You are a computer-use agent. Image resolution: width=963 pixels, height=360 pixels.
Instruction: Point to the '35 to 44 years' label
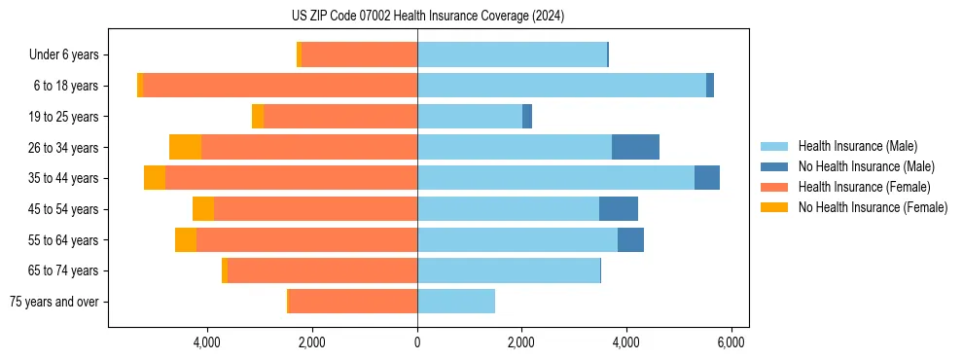(x=64, y=178)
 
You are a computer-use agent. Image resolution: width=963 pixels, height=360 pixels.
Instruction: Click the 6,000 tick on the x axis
(x=731, y=342)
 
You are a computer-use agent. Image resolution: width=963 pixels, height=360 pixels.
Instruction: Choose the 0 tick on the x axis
(x=417, y=342)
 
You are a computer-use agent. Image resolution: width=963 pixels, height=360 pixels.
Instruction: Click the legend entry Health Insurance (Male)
(x=857, y=146)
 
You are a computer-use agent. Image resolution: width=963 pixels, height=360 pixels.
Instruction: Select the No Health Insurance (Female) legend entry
(x=873, y=207)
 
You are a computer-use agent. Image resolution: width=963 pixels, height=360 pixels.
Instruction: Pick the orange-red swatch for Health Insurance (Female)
(x=774, y=187)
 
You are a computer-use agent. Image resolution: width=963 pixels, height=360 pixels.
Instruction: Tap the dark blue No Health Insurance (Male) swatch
(x=774, y=166)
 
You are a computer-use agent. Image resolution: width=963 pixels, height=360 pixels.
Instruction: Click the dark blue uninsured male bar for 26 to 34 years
(x=635, y=147)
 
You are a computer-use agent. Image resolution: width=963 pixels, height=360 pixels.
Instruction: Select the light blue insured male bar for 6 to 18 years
(x=561, y=86)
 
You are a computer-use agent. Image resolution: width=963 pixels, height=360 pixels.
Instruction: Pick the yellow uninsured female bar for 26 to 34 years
(x=185, y=147)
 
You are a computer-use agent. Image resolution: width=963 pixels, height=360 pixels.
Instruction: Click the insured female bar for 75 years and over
(x=353, y=302)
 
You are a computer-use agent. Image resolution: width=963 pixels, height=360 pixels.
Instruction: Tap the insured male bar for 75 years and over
(x=456, y=302)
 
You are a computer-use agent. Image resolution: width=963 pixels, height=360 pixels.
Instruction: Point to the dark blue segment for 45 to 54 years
(x=619, y=209)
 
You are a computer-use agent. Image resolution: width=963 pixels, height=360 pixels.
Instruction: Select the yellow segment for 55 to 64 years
(x=186, y=240)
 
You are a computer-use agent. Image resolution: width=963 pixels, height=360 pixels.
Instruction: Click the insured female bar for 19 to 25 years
(x=340, y=117)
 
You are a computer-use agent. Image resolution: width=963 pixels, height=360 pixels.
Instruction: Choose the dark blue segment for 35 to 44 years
(x=707, y=178)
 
